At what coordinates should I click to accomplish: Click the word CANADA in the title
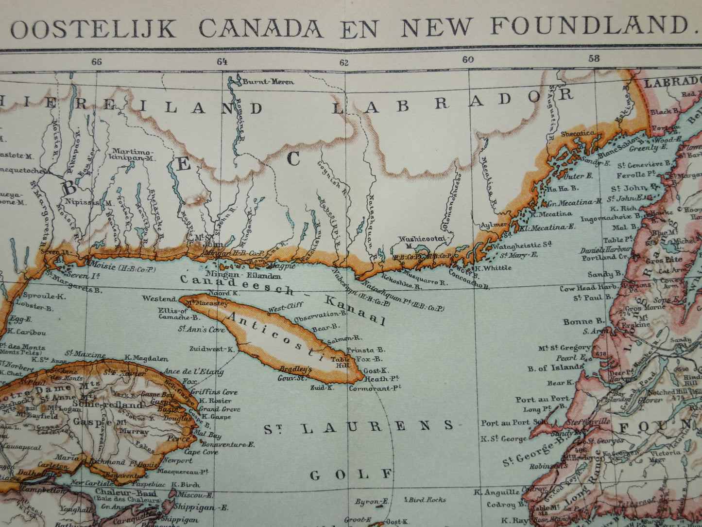click(261, 28)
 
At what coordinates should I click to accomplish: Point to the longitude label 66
click(97, 62)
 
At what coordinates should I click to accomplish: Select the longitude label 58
click(594, 59)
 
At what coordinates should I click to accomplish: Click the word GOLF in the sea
click(351, 474)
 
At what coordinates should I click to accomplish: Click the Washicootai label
click(420, 239)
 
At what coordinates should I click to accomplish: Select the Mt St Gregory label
click(564, 348)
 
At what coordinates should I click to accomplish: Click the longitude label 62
click(344, 62)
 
